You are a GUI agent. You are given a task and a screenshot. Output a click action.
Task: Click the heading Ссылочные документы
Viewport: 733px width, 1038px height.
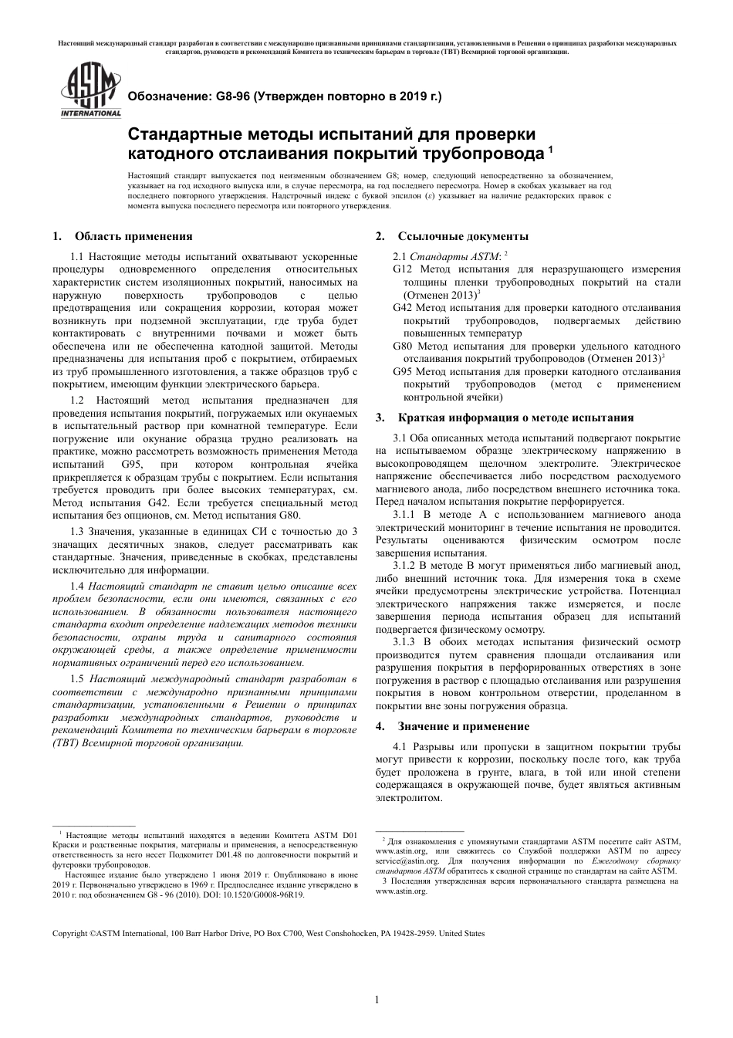point(463,236)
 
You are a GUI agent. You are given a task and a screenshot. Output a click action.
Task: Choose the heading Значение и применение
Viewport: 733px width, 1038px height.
point(463,726)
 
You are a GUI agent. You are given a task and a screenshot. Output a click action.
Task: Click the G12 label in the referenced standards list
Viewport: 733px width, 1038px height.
point(404,269)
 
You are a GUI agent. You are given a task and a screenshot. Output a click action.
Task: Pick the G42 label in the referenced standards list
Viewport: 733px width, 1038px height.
point(404,307)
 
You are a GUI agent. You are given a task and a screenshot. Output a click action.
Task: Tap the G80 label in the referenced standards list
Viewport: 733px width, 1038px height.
point(404,346)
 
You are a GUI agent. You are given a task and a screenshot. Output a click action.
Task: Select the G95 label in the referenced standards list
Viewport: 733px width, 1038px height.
point(404,371)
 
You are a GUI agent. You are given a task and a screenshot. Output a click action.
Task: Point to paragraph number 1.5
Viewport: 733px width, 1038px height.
point(77,678)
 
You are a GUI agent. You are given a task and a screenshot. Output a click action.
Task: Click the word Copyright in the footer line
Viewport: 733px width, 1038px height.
point(69,933)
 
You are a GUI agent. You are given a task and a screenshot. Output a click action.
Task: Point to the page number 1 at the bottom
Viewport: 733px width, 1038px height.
point(377,1000)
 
